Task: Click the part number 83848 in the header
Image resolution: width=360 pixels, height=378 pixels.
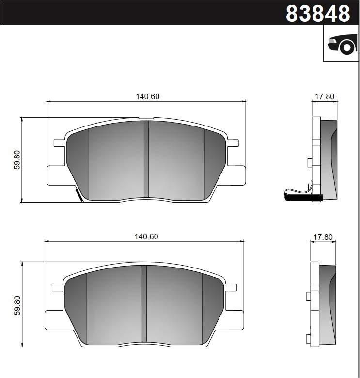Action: pyautogui.click(x=317, y=14)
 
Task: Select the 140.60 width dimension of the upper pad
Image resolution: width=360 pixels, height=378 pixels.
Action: pyautogui.click(x=147, y=96)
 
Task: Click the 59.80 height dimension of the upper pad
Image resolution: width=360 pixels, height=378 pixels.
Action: pyautogui.click(x=17, y=159)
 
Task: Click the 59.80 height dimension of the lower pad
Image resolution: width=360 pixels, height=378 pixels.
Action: pyautogui.click(x=17, y=304)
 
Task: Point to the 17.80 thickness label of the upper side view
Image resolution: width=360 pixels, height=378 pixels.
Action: pyautogui.click(x=324, y=96)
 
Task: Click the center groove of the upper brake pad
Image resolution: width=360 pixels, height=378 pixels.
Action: pyautogui.click(x=146, y=159)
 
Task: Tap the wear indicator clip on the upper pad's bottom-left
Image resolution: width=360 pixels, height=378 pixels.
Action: pyautogui.click(x=78, y=195)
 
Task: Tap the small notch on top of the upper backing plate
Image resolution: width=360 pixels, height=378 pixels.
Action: pyautogui.click(x=146, y=118)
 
